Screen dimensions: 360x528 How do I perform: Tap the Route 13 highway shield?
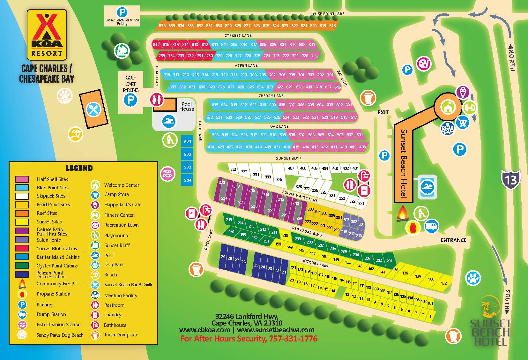510,180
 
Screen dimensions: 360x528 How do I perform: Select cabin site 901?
188,141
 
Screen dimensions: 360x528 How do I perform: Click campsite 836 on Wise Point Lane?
162,26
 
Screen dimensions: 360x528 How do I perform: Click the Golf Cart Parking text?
130,84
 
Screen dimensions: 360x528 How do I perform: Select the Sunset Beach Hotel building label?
404,163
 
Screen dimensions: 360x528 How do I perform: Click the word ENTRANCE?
453,240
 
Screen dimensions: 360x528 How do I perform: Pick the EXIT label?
383,112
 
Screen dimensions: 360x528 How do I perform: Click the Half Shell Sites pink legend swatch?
22,179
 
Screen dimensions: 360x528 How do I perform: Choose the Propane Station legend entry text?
53,294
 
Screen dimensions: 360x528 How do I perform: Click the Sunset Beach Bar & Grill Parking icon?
122,13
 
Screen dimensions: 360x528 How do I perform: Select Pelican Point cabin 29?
223,257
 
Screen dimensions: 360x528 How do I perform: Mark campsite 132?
443,283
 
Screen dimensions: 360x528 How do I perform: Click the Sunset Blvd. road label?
289,158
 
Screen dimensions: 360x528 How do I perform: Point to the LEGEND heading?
79,168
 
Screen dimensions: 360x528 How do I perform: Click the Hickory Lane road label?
316,263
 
